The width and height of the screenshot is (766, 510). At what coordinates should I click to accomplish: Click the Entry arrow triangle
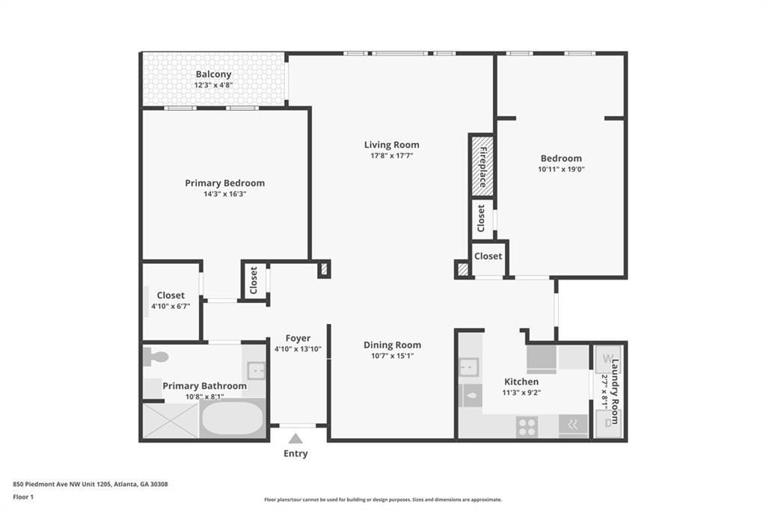(x=295, y=439)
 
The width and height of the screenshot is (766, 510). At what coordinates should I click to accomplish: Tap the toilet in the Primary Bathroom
(x=155, y=357)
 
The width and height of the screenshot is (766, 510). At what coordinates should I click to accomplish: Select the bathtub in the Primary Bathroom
(x=232, y=419)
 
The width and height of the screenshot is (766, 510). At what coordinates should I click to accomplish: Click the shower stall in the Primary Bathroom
(x=171, y=420)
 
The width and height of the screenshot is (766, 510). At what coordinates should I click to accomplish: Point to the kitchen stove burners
(x=527, y=426)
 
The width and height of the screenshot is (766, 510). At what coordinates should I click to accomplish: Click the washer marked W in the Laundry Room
(x=607, y=357)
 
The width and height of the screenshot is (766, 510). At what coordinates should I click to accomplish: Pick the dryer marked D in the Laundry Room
(x=607, y=423)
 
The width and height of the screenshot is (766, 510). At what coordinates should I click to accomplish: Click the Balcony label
(x=213, y=74)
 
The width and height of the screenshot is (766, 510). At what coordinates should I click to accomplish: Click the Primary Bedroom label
(x=224, y=182)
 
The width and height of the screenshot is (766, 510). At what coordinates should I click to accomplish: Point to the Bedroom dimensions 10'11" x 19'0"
(x=561, y=169)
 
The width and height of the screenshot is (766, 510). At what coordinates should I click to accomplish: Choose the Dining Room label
(x=392, y=345)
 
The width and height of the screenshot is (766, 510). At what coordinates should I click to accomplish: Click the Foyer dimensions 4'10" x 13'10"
(x=298, y=349)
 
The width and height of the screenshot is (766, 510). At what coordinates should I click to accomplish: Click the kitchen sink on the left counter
(x=469, y=367)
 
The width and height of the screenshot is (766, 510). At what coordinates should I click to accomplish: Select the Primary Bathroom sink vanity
(x=255, y=369)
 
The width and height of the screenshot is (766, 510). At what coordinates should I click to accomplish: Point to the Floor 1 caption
(x=25, y=497)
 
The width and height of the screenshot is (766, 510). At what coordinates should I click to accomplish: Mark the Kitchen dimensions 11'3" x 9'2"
(x=521, y=393)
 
